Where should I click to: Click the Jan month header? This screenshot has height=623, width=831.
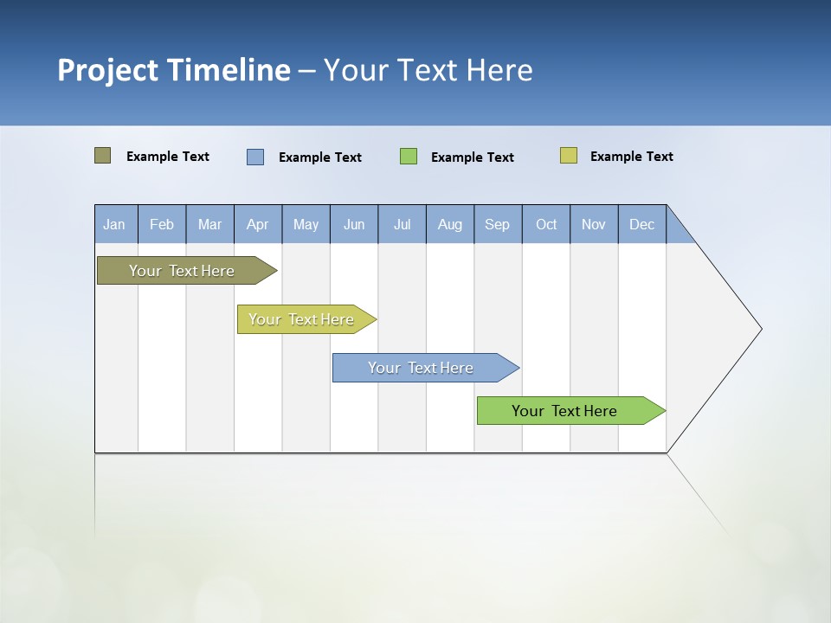pos(115,224)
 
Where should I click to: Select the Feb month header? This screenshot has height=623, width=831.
pos(162,224)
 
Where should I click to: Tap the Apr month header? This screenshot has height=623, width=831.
pos(258,224)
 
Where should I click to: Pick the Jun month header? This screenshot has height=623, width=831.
pos(354,224)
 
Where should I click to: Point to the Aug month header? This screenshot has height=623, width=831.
pos(450,224)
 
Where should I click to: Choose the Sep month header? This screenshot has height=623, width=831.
pos(498,224)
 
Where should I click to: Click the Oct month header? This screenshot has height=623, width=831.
pos(546,224)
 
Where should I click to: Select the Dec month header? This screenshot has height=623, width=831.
pos(642,224)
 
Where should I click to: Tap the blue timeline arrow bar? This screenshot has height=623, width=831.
pos(422,368)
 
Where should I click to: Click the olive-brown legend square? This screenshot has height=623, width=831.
pos(103,156)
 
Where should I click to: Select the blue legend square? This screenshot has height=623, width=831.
pos(255,157)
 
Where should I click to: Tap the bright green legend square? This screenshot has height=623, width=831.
pos(409,157)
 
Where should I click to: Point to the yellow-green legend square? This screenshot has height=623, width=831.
pos(569,156)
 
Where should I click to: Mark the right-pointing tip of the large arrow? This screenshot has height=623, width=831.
pos(760,329)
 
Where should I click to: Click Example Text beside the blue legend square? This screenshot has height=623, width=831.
pos(320,157)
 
